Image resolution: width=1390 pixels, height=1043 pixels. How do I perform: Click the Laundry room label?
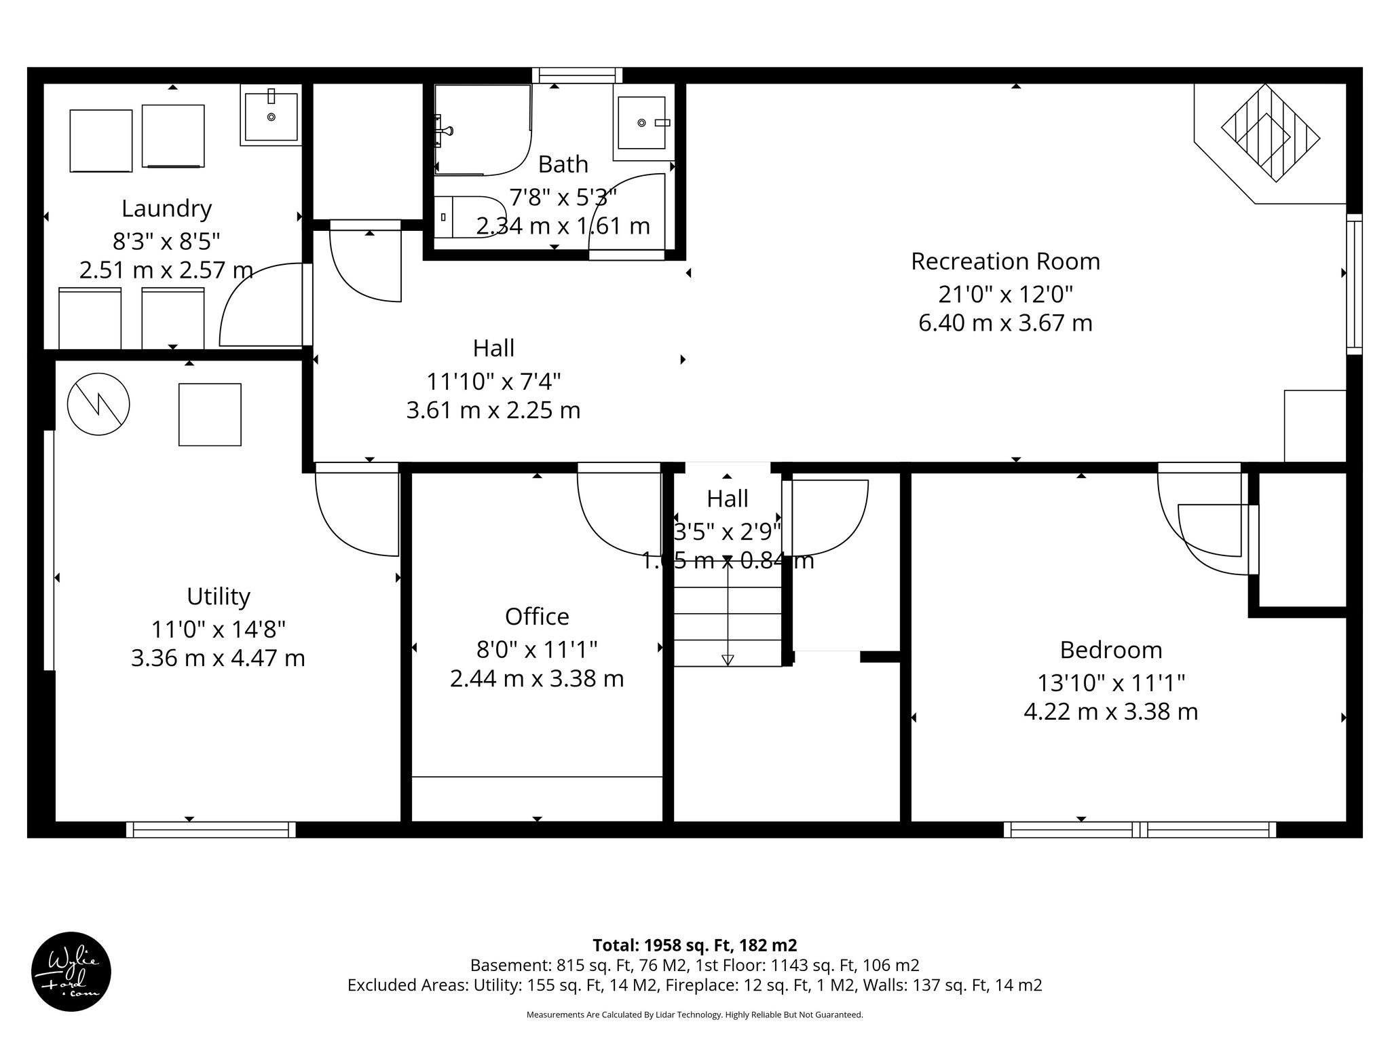[166, 208]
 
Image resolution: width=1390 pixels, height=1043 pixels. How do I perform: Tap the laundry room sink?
[271, 116]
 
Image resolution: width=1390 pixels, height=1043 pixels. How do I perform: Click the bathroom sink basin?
[641, 123]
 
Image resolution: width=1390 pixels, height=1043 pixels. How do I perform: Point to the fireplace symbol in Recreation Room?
[1270, 134]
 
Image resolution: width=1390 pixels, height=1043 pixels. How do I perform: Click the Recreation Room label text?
[1005, 261]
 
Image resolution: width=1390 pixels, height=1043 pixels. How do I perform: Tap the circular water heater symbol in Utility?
[98, 405]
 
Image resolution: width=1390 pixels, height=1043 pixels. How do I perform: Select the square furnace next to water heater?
[210, 414]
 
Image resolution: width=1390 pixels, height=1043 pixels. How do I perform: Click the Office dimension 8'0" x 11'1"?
[536, 650]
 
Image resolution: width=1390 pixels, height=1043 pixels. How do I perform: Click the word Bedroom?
[1110, 650]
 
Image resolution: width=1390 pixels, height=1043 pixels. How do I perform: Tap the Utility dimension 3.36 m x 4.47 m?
[218, 658]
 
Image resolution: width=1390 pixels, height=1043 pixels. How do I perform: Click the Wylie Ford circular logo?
[71, 972]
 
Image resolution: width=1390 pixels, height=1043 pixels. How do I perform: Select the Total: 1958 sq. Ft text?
[694, 945]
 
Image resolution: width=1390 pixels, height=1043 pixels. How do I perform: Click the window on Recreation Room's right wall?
[1354, 284]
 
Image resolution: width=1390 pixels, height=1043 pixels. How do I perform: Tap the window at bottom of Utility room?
[211, 829]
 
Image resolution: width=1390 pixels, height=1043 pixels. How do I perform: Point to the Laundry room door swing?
[261, 306]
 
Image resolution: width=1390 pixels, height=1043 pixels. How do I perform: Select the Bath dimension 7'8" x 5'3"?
[563, 198]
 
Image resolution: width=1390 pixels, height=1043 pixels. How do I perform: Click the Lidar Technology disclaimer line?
[694, 1014]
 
